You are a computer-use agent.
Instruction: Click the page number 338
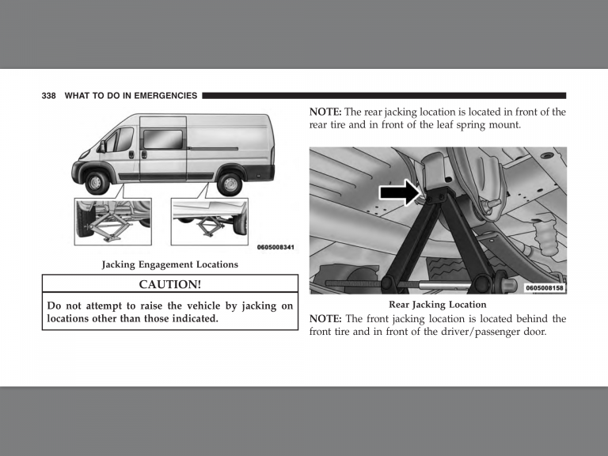49,96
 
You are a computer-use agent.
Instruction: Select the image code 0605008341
276,248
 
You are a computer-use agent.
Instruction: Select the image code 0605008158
545,288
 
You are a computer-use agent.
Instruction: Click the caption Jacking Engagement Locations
169,264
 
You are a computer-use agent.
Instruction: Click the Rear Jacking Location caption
437,304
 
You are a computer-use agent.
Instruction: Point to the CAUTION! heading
170,284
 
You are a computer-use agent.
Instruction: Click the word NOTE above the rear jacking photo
325,112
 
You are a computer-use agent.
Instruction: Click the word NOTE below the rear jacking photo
325,319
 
